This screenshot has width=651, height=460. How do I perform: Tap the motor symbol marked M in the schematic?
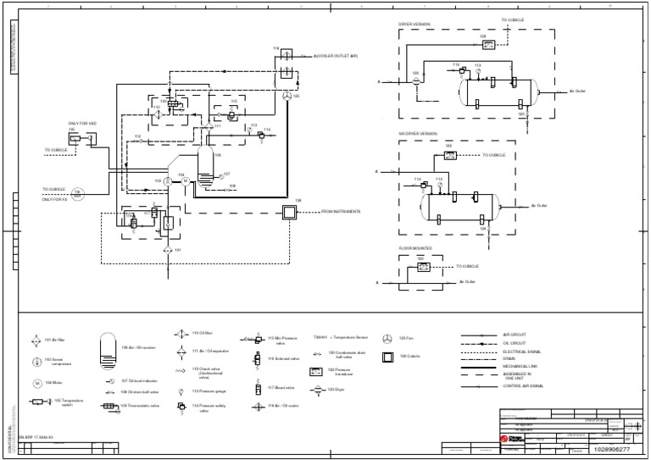[168, 181]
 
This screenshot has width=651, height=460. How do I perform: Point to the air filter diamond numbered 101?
[168, 251]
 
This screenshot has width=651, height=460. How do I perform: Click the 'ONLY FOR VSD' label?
[76, 124]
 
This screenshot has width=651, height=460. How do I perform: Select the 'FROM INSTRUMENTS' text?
[342, 212]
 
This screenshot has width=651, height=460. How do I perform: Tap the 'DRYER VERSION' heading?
[415, 24]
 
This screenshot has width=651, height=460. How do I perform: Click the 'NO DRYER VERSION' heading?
[418, 133]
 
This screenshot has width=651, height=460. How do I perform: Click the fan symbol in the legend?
[387, 338]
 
